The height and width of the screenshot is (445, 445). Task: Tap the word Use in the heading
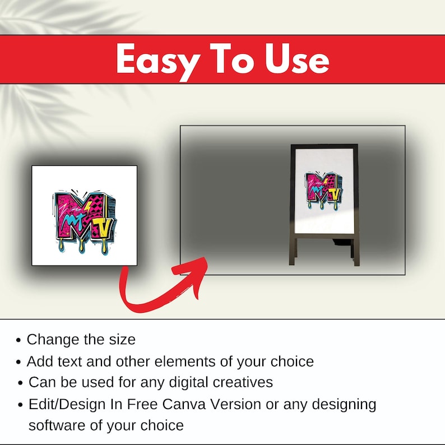coord(297,59)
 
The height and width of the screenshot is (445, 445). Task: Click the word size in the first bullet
coord(122,340)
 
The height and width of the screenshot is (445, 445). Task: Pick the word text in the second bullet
coord(70,361)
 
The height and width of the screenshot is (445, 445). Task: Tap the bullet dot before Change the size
coord(18,340)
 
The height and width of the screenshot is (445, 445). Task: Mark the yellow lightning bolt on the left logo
coord(87,207)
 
